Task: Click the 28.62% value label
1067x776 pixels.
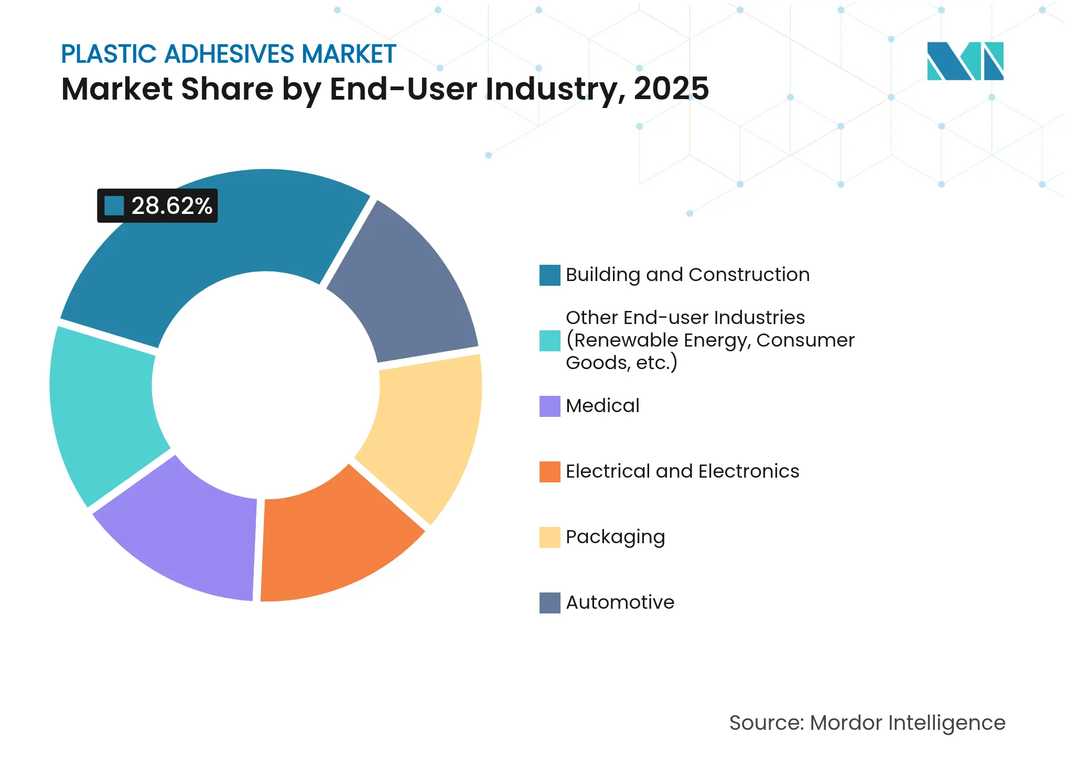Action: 171,206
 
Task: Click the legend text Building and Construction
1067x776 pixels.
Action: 687,275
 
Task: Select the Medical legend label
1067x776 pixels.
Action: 602,406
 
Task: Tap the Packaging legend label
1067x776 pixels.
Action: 615,537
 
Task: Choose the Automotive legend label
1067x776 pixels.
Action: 620,602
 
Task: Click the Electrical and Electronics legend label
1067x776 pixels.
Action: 682,471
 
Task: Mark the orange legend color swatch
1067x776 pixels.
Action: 549,471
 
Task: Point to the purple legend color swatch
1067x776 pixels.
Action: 549,406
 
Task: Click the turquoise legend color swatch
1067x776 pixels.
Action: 549,340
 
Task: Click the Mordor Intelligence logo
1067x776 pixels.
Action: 965,61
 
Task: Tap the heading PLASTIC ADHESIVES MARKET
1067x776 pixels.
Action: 229,54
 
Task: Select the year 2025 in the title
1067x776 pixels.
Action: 671,89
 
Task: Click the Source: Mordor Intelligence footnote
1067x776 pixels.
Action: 867,723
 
